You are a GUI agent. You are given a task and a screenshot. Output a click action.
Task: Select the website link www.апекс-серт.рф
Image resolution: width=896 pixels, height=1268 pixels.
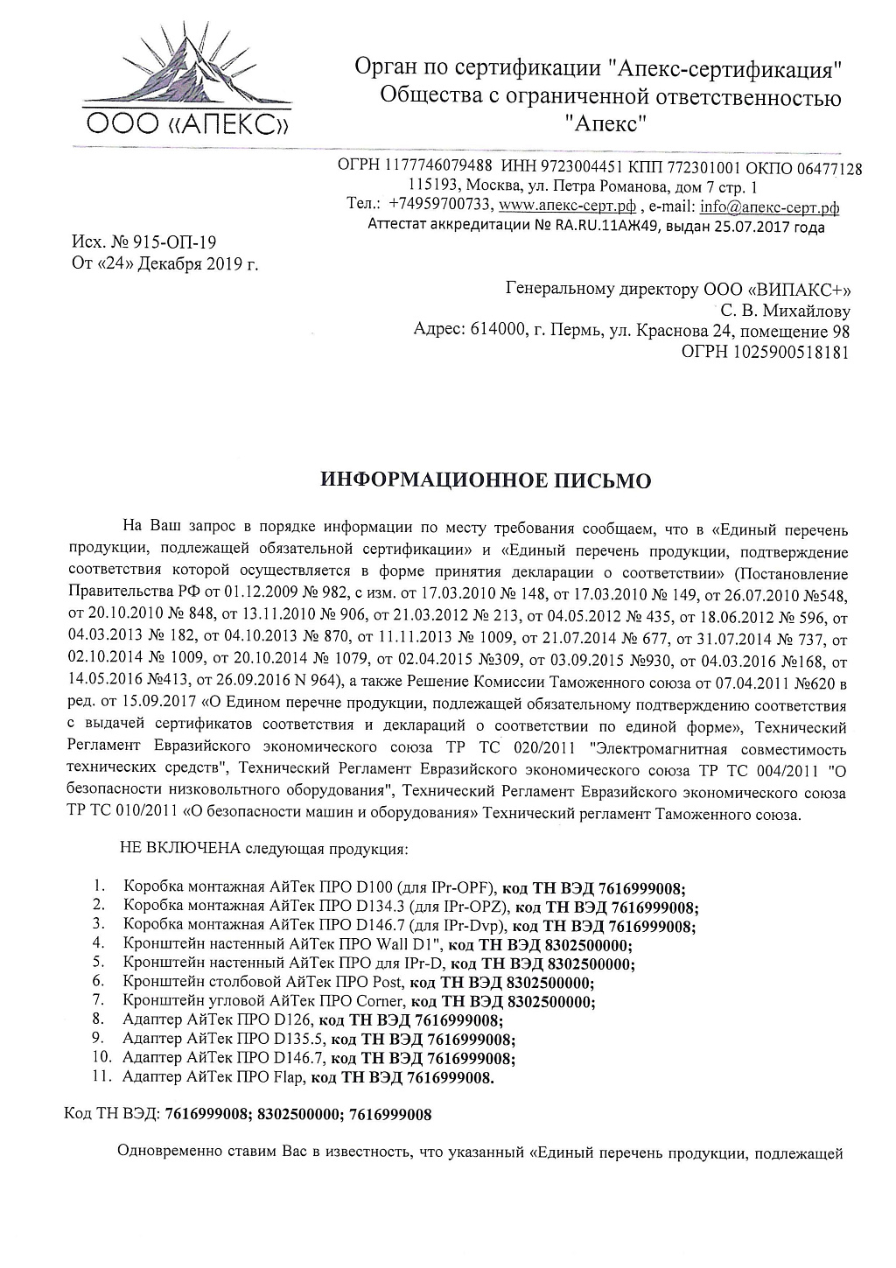(566, 207)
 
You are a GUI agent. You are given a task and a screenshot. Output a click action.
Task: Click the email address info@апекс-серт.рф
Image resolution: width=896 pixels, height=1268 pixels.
(769, 207)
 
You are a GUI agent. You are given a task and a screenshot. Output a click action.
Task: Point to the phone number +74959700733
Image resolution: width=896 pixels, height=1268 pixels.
(437, 207)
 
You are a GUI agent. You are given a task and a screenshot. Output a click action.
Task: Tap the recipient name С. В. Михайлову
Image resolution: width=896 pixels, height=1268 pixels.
(784, 311)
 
